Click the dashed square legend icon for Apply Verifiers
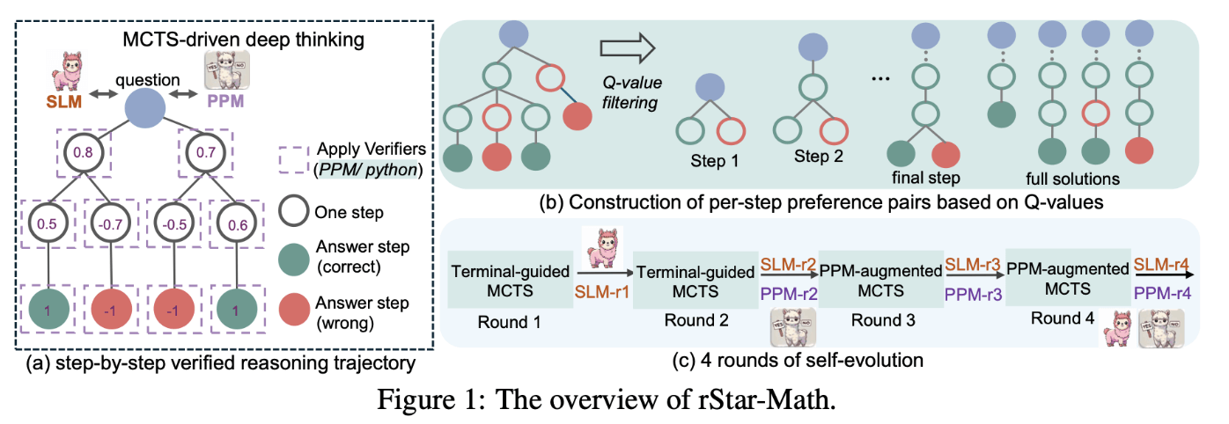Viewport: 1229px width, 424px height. tap(292, 160)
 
